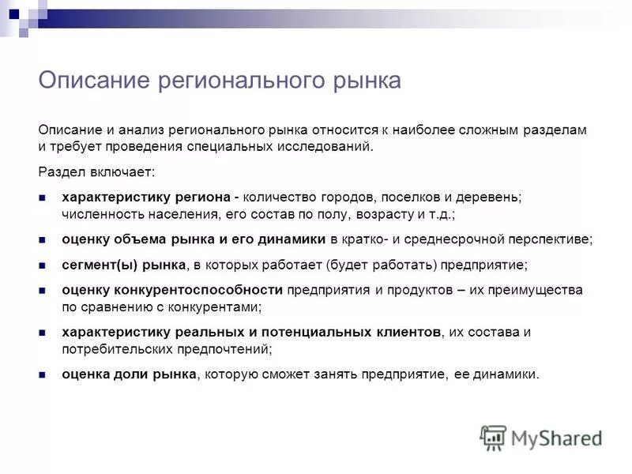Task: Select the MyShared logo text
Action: coord(557,438)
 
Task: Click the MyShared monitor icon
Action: coord(493,438)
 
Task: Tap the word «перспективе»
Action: coord(553,239)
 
